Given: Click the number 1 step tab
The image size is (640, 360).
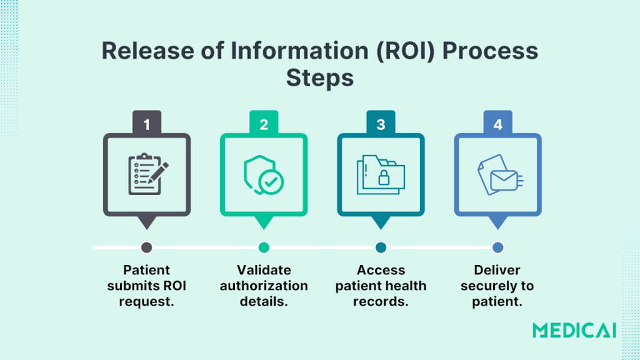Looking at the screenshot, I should (x=147, y=123).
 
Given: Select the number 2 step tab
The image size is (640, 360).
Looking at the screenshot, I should (x=264, y=123).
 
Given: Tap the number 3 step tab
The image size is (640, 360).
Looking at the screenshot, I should (x=381, y=123).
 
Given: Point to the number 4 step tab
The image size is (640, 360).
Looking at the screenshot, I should (x=497, y=123).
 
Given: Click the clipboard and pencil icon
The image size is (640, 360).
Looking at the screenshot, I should (x=147, y=174).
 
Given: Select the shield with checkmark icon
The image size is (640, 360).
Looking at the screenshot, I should (x=263, y=174).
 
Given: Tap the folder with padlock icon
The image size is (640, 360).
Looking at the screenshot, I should (x=381, y=174).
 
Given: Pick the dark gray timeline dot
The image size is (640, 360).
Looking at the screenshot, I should (x=147, y=247).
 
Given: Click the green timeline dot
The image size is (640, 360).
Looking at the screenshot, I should (x=264, y=247).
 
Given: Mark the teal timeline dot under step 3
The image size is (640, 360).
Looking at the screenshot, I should (x=381, y=247).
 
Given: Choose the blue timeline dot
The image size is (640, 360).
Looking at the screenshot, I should (x=497, y=247).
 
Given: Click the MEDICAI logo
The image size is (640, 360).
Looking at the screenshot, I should (x=574, y=330).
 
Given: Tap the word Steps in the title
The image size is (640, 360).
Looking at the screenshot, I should (x=320, y=79).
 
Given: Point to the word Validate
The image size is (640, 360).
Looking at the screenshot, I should (x=264, y=270).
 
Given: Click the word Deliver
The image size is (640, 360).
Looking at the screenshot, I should (x=497, y=270).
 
